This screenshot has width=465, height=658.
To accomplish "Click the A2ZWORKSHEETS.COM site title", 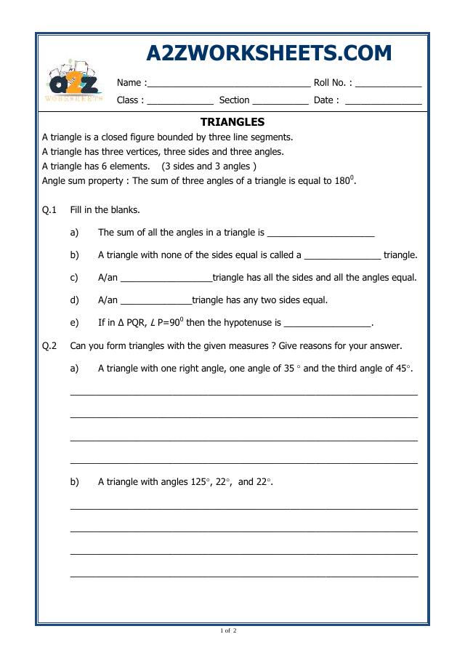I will coord(269,53).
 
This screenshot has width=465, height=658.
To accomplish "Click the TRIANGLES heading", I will coord(232,122).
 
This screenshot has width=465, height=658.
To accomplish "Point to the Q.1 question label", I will coord(49,210).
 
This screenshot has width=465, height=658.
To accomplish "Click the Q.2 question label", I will coord(49,346).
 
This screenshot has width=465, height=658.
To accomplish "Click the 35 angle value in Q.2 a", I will coord(288,369).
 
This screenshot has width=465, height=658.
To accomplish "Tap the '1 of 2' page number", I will coord(229,630).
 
